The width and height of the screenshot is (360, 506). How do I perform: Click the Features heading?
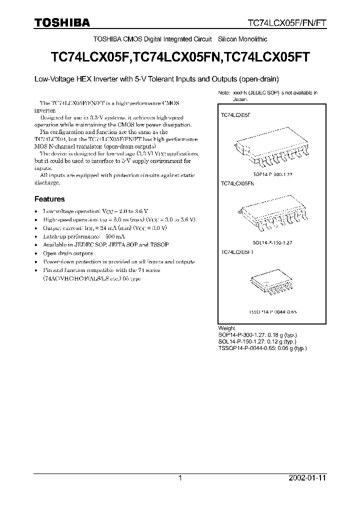49,199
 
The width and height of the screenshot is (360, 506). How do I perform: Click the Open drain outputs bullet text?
68,253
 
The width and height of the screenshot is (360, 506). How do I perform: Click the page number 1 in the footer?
180,478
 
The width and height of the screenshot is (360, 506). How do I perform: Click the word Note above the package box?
223,93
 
